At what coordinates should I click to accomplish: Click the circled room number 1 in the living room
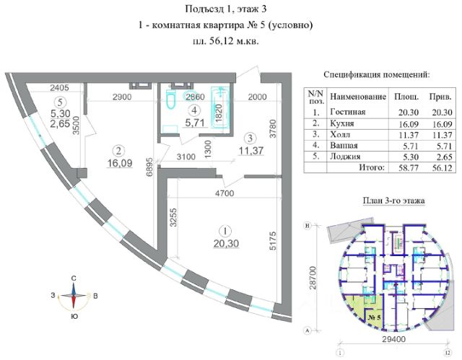pos(226,232)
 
